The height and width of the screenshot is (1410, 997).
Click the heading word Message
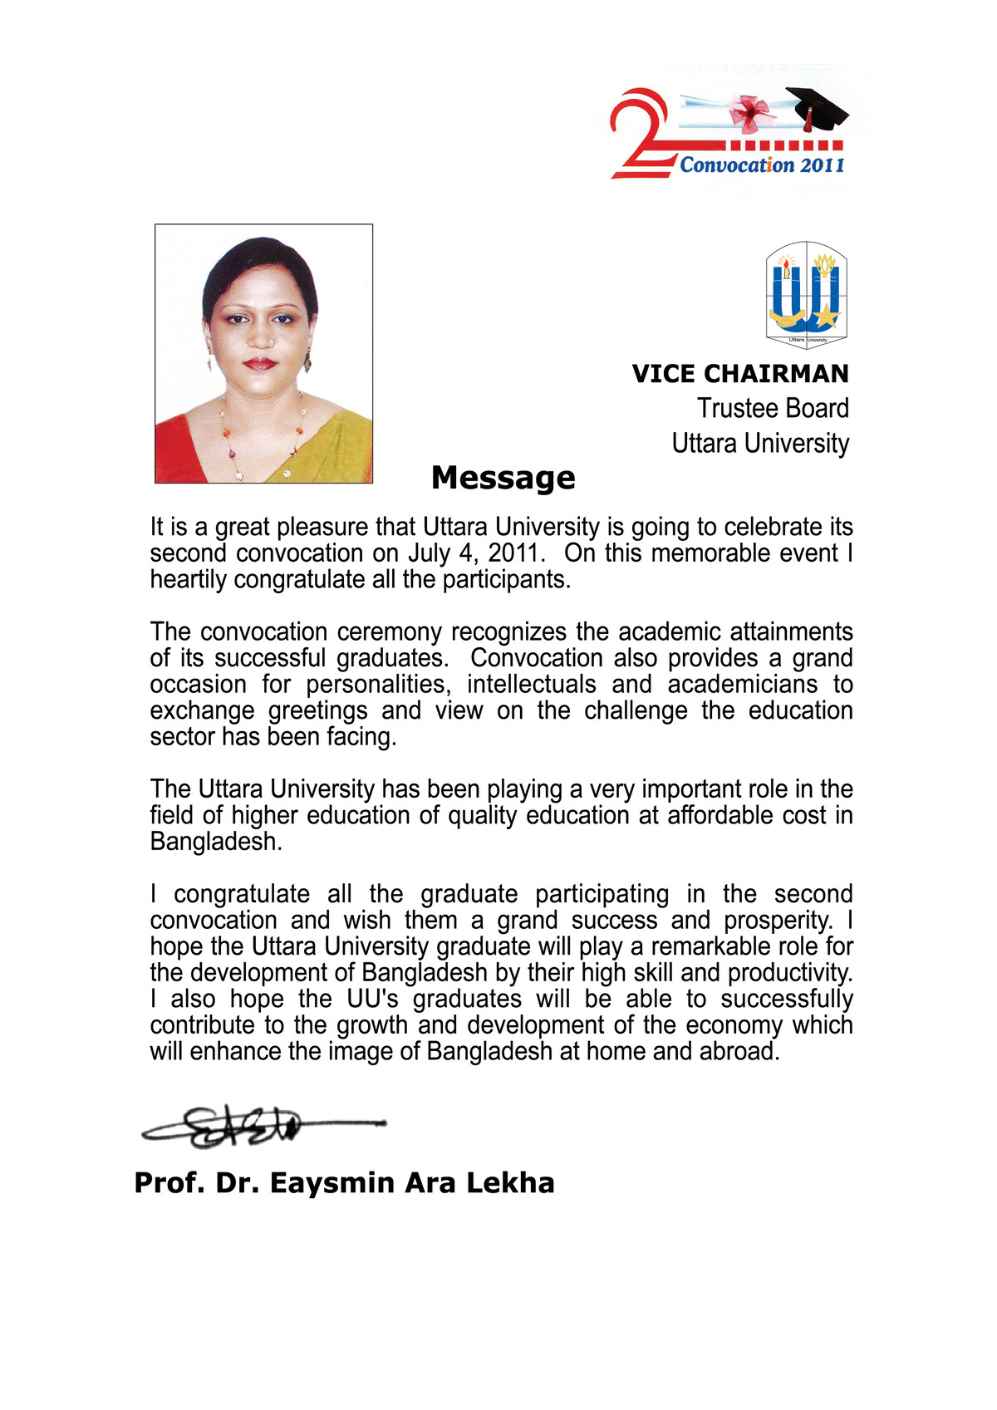click(503, 478)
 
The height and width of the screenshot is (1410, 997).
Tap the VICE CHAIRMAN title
click(739, 374)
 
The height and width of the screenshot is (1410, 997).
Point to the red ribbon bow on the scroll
click(749, 113)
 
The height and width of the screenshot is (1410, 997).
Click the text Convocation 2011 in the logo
click(762, 165)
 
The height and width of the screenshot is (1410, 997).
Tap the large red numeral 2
click(640, 133)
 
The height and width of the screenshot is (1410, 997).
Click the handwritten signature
click(249, 1127)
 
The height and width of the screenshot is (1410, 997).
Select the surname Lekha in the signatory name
click(509, 1182)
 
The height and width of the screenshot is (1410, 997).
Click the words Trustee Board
click(773, 409)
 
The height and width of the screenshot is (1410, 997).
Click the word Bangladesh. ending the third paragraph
click(216, 842)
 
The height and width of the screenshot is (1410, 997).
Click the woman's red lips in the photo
click(259, 363)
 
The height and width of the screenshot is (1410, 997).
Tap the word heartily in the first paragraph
click(189, 579)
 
